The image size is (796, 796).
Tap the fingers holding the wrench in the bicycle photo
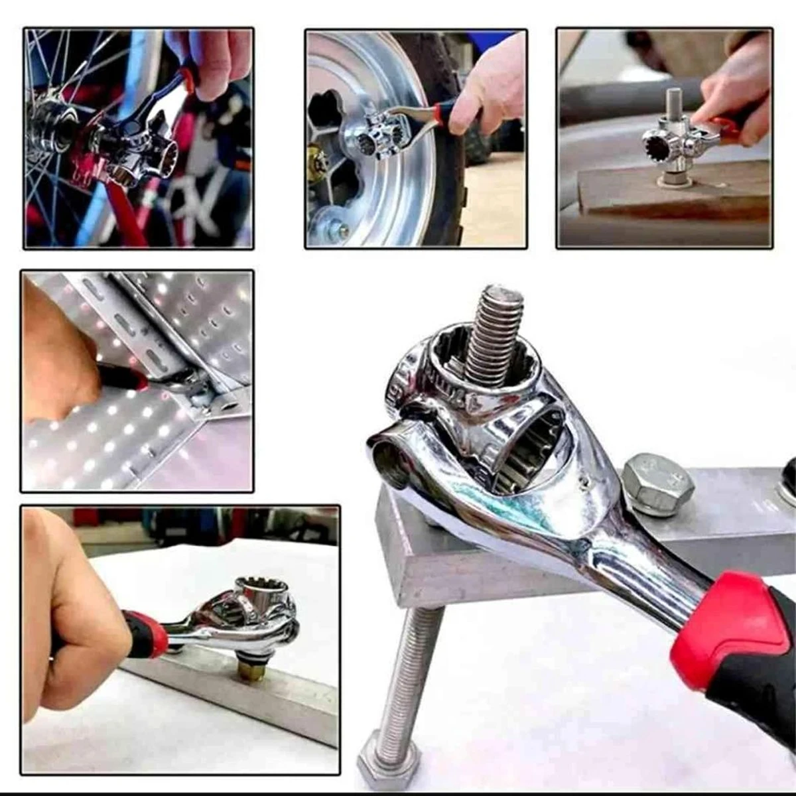coord(212,63)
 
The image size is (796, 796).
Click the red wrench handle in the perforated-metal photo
coord(119,378)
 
